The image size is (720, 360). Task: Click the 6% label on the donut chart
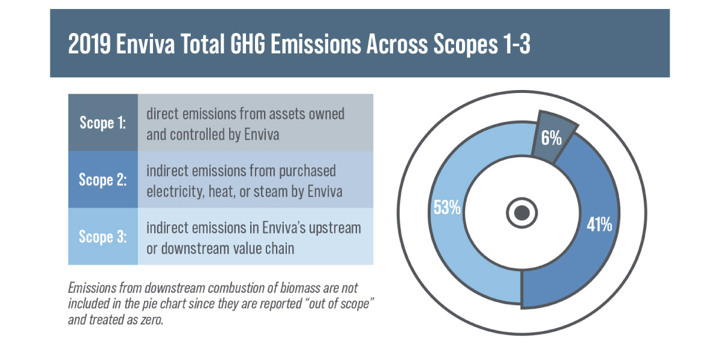(x=551, y=138)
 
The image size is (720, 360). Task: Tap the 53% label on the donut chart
(x=447, y=208)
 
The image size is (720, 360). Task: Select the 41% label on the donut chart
(x=599, y=224)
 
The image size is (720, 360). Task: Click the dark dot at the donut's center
(x=521, y=213)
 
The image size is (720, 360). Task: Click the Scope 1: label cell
(x=103, y=122)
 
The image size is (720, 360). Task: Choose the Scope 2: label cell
(x=103, y=179)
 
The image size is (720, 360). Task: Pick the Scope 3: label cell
(x=103, y=236)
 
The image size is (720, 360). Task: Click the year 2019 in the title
(x=89, y=44)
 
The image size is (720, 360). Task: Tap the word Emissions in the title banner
(x=316, y=44)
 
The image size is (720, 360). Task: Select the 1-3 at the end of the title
(x=517, y=44)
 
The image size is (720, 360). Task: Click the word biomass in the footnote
(x=300, y=288)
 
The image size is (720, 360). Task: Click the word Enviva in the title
(x=145, y=44)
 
